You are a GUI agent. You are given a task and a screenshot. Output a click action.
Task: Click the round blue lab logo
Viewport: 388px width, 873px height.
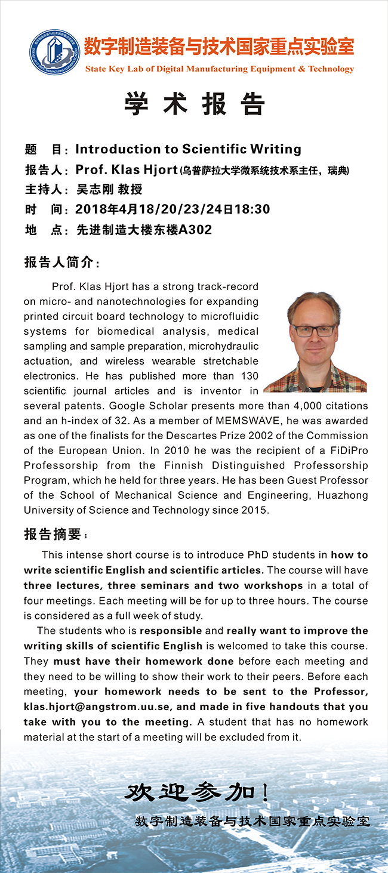pos(54,53)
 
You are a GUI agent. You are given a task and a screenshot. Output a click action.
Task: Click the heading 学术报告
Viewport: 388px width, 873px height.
pos(194,104)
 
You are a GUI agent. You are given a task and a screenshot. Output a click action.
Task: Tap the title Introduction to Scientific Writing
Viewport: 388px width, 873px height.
pos(188,149)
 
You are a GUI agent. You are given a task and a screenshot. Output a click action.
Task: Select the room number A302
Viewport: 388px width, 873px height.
pos(195,230)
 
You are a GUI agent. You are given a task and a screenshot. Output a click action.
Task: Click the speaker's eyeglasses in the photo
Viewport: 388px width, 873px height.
pos(315,331)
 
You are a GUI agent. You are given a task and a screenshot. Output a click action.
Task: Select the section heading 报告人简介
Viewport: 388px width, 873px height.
pos(61,263)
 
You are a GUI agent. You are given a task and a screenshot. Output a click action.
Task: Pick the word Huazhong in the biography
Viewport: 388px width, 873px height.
pos(343,495)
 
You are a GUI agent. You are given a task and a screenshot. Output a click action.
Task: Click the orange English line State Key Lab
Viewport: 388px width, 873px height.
pos(219,69)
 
